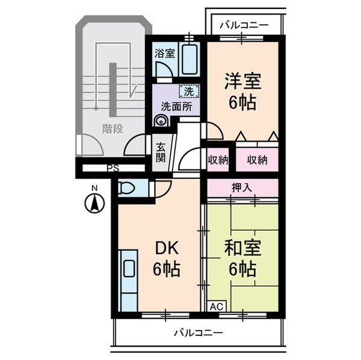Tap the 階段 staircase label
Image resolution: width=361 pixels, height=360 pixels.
point(112,127)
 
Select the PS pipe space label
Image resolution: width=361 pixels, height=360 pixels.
point(112,169)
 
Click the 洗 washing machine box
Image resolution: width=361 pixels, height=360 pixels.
point(189,92)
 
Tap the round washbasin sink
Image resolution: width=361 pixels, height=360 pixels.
point(161,120)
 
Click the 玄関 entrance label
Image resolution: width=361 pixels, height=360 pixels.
point(161,152)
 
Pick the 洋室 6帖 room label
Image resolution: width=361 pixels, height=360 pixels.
point(242,90)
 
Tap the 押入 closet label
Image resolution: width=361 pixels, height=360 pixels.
point(242,187)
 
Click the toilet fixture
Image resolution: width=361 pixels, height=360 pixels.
point(127,188)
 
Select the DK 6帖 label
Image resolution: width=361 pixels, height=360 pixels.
point(165,259)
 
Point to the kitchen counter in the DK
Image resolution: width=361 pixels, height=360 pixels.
point(129,280)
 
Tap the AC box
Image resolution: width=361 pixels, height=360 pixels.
point(217,306)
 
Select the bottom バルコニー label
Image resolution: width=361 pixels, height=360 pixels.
point(199,332)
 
